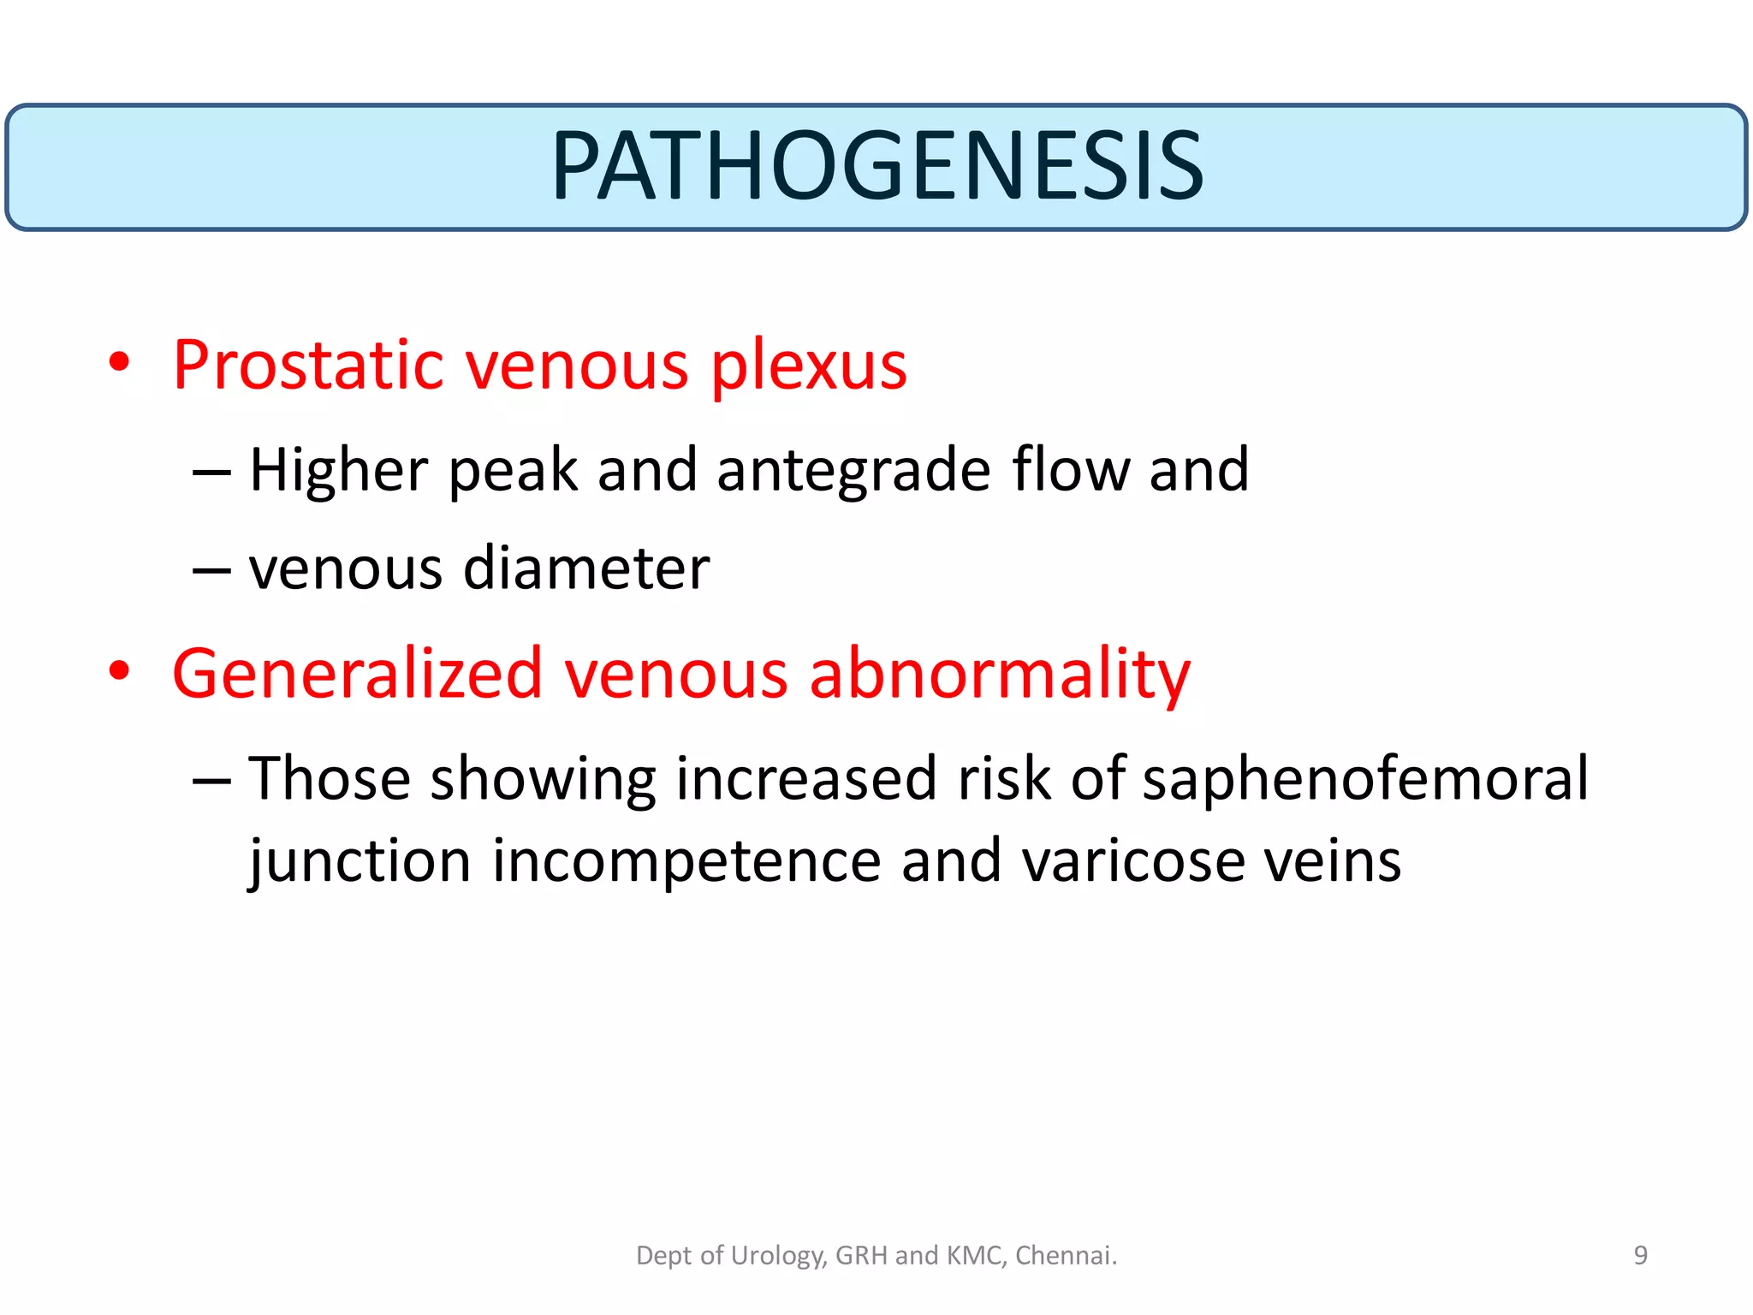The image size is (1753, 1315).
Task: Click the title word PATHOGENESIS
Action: pyautogui.click(x=876, y=166)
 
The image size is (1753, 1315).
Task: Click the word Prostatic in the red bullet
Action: pyautogui.click(x=307, y=366)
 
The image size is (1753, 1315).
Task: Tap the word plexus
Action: pyautogui.click(x=808, y=366)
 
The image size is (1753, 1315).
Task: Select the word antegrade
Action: pyautogui.click(x=853, y=471)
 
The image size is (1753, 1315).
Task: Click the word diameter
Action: pyautogui.click(x=585, y=568)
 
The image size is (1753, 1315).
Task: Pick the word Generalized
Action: pyautogui.click(x=357, y=674)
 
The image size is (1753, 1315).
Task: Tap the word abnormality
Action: pyautogui.click(x=999, y=674)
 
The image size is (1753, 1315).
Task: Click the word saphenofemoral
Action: pyautogui.click(x=1364, y=779)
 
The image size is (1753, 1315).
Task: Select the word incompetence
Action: pyautogui.click(x=686, y=861)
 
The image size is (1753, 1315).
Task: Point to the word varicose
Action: pyautogui.click(x=1133, y=861)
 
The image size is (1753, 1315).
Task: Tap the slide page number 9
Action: pyautogui.click(x=1640, y=1255)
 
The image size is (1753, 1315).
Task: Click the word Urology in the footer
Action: pyautogui.click(x=777, y=1256)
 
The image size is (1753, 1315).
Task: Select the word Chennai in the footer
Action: pyautogui.click(x=1066, y=1255)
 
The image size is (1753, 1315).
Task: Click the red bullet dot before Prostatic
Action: pyautogui.click(x=119, y=362)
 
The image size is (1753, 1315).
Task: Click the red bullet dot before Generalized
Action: pyautogui.click(x=119, y=670)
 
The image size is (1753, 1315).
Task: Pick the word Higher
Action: pyautogui.click(x=338, y=471)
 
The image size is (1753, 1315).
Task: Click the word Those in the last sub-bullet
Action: pyautogui.click(x=330, y=779)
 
